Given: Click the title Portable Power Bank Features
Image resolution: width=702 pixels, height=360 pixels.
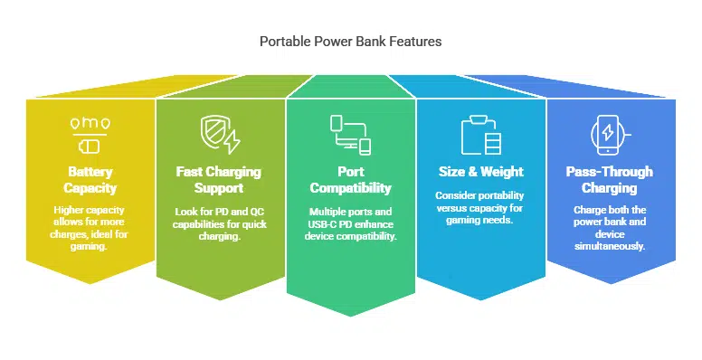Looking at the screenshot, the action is click(351, 42).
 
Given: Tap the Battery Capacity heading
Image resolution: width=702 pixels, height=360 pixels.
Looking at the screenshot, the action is click(90, 180).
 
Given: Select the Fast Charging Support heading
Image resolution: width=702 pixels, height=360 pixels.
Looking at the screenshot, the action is click(219, 180).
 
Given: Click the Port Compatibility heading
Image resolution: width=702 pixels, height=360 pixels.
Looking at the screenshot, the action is click(351, 180).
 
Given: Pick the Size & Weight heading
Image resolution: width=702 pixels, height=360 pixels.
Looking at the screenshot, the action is click(481, 172).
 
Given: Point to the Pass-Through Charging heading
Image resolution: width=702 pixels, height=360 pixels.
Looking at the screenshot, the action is click(610, 180).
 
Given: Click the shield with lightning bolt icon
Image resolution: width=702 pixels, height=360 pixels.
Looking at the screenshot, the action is click(220, 134).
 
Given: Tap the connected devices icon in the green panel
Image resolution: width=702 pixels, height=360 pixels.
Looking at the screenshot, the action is click(351, 135).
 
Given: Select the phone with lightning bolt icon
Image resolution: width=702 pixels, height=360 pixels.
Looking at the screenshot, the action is click(611, 135).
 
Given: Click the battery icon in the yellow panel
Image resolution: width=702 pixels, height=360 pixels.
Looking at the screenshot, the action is click(90, 147).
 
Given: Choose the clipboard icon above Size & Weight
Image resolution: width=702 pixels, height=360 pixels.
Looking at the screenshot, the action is click(481, 135).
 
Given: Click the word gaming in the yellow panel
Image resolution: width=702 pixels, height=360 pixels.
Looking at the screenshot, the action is click(89, 246).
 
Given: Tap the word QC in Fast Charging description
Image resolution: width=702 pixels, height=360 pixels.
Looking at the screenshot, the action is click(257, 212).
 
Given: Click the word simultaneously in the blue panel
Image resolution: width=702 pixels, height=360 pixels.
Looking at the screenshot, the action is click(610, 246).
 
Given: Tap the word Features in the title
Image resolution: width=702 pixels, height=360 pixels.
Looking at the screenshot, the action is click(415, 42).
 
